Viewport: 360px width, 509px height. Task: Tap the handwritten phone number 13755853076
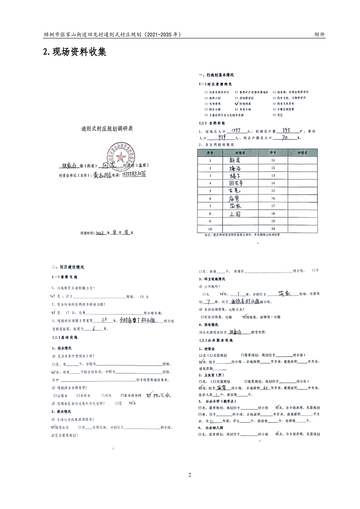click(x=131, y=175)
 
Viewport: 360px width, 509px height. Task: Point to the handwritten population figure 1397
click(x=237, y=131)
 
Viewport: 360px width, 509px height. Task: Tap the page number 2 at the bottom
click(x=190, y=475)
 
